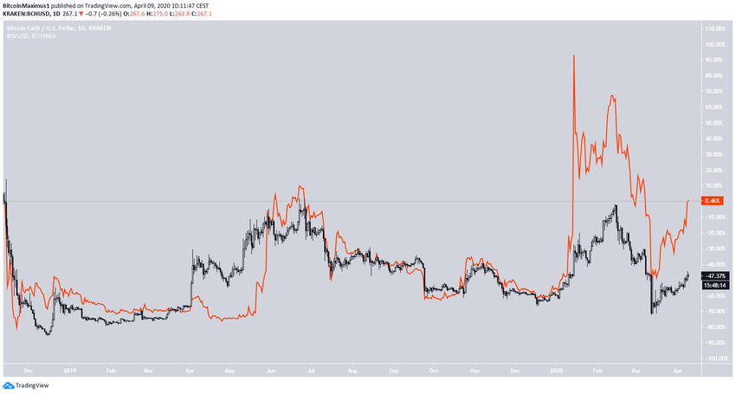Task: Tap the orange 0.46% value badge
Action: pyautogui.click(x=713, y=201)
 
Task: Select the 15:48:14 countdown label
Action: pyautogui.click(x=713, y=284)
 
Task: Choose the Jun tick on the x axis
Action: pyautogui.click(x=271, y=368)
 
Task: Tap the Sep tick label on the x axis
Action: pyautogui.click(x=394, y=368)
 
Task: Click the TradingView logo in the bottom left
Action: pyautogui.click(x=26, y=384)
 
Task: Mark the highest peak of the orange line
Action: pyautogui.click(x=574, y=56)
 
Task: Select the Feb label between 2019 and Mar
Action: pyautogui.click(x=110, y=368)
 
